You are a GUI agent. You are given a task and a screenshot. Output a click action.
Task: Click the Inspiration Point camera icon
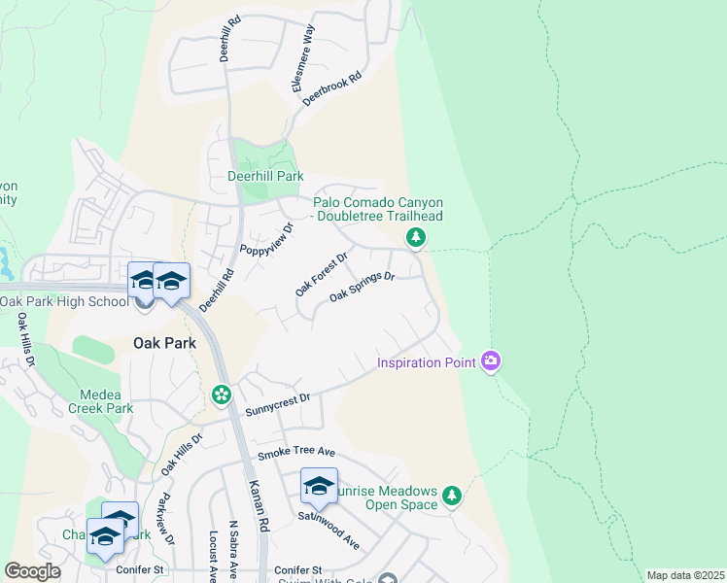pyautogui.click(x=491, y=361)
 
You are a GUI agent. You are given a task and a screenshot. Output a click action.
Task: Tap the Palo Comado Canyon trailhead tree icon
pyautogui.click(x=416, y=238)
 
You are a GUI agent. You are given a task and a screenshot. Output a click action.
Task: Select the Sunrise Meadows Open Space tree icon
pyautogui.click(x=451, y=496)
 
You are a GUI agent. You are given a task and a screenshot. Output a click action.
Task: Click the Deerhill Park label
pyautogui.click(x=265, y=177)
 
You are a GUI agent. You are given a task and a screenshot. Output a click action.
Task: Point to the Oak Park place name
pyautogui.click(x=164, y=343)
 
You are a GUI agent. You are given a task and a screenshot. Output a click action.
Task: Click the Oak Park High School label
pyautogui.click(x=64, y=301)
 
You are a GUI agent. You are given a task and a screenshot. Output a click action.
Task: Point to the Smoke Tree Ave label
pyautogui.click(x=295, y=454)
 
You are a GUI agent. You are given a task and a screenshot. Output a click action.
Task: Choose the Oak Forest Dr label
pyautogui.click(x=321, y=274)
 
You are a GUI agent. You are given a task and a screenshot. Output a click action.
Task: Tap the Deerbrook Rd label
pyautogui.click(x=331, y=87)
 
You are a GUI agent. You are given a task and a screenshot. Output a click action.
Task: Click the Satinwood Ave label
pyautogui.click(x=336, y=534)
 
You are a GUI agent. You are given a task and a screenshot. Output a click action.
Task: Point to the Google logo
pyautogui.click(x=32, y=571)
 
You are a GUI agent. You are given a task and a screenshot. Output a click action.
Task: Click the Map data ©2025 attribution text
pyautogui.click(x=685, y=575)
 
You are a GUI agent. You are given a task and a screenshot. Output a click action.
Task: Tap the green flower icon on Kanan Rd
pyautogui.click(x=222, y=394)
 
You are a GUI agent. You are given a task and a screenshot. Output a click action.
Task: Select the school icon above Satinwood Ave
pyautogui.click(x=319, y=488)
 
